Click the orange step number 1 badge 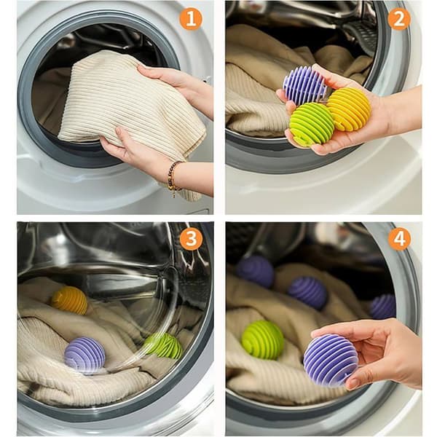point(191,19)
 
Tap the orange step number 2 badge point(399,19)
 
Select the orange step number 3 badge point(191,239)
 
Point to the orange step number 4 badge point(399,239)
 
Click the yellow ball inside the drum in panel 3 point(69,300)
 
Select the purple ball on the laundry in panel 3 point(84,355)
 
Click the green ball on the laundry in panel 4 point(262,340)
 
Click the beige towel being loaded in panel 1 point(131,106)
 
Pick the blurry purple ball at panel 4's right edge point(383,307)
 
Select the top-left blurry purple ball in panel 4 point(255,271)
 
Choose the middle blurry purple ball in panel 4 point(307,293)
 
